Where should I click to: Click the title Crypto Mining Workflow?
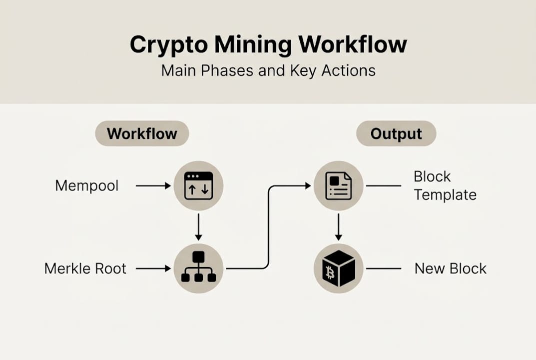pos(268,45)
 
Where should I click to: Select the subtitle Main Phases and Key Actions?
pos(268,70)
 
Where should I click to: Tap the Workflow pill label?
pos(142,134)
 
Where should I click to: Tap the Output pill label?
pos(396,134)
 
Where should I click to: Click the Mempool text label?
pos(87,186)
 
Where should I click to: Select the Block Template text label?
pos(445,185)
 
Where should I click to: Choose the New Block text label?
pos(450,268)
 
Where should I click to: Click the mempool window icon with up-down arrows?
pos(198,186)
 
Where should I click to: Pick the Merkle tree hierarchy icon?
pos(198,268)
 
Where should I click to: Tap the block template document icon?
pos(338,186)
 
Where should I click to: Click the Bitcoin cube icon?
pos(338,268)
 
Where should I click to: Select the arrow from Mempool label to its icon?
pos(153,186)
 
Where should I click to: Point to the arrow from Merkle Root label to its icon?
pos(153,268)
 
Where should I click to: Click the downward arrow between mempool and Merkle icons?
pos(198,227)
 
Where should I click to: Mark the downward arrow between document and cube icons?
pos(338,227)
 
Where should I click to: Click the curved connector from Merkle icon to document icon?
pos(269,225)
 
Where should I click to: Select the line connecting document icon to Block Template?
pos(383,186)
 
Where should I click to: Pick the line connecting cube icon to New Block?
pos(383,268)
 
